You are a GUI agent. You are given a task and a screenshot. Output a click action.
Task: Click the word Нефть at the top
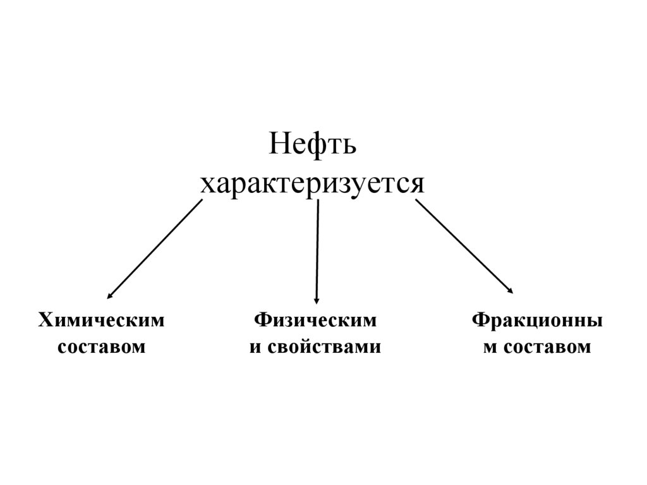tap(313, 145)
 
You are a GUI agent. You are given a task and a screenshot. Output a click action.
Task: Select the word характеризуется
tap(312, 183)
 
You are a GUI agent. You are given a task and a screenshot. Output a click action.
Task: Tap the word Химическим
tap(102, 321)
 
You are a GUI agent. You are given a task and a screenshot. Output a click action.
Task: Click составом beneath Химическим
tap(102, 347)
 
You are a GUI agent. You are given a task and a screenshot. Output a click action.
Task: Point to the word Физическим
tap(315, 321)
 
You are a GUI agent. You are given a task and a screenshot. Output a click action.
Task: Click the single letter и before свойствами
tap(255, 347)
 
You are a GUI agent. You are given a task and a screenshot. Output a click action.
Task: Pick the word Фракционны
tap(536, 321)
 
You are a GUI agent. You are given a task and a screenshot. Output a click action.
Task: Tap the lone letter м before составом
tap(490, 347)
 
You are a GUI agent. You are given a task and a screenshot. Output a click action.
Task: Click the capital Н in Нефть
tap(279, 145)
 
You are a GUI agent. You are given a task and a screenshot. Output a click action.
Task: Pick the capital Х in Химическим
tap(45, 321)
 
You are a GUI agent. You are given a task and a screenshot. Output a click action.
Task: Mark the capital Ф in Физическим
tap(262, 321)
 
